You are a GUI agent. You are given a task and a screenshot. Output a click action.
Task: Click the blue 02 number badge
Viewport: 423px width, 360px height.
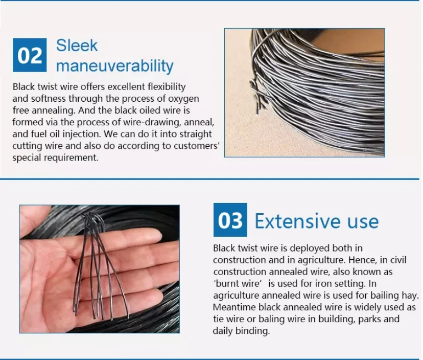coord(30,55)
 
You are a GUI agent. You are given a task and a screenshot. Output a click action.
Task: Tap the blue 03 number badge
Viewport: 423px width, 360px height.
coord(230,220)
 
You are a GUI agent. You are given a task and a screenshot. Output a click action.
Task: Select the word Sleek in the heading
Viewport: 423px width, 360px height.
coord(77,46)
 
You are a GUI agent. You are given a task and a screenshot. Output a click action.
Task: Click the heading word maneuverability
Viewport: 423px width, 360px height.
coord(114,66)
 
